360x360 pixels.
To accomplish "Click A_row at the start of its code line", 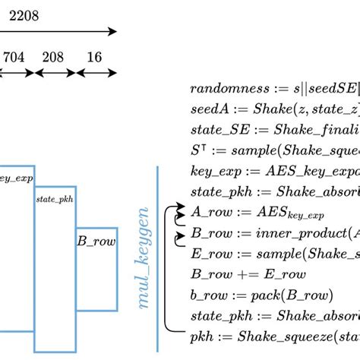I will pyautogui.click(x=209, y=211).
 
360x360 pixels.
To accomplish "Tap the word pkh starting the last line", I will pyautogui.click(x=201, y=335).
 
